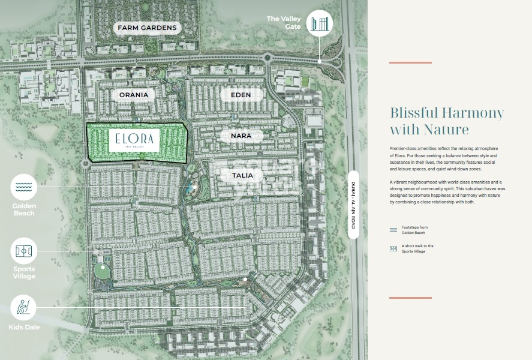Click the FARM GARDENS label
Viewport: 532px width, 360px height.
pyautogui.click(x=147, y=28)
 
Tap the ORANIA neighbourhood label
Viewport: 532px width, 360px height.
pyautogui.click(x=133, y=95)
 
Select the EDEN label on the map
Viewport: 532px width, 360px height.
pyautogui.click(x=241, y=95)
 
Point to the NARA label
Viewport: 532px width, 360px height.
pyautogui.click(x=241, y=136)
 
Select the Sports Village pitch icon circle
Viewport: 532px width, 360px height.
pyautogui.click(x=24, y=251)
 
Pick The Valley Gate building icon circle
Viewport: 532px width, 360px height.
pyautogui.click(x=319, y=24)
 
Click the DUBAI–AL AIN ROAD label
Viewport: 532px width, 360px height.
pyautogui.click(x=353, y=205)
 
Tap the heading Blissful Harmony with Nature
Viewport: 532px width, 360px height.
pyautogui.click(x=447, y=121)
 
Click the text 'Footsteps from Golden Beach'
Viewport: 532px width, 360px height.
pyautogui.click(x=414, y=230)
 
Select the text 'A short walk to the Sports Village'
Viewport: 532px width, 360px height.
pyautogui.click(x=417, y=248)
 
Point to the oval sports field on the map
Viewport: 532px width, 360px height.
pyautogui.click(x=103, y=271)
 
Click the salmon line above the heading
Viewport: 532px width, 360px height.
pyautogui.click(x=410, y=62)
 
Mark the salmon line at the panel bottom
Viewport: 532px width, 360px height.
pyautogui.click(x=410, y=298)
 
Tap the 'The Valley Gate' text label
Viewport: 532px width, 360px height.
pyautogui.click(x=284, y=23)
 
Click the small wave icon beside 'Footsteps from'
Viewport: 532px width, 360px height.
pyautogui.click(x=393, y=230)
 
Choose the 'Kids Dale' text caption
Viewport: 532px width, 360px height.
pyautogui.click(x=24, y=328)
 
